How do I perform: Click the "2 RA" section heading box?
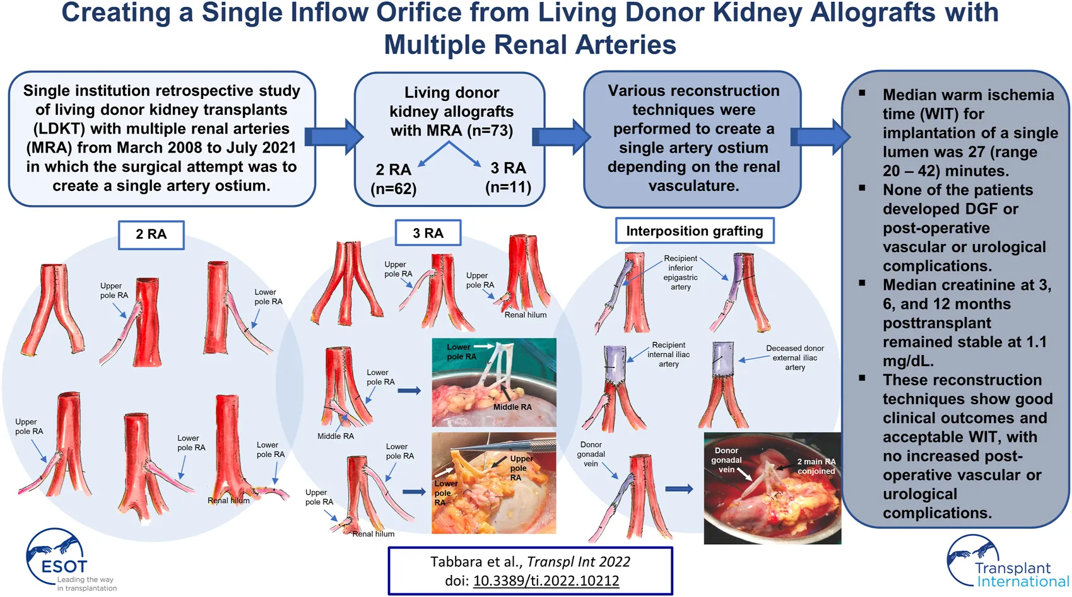pyautogui.click(x=151, y=235)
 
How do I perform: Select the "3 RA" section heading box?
pyautogui.click(x=428, y=233)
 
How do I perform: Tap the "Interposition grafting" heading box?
pyautogui.click(x=694, y=231)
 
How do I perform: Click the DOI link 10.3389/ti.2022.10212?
pyautogui.click(x=546, y=581)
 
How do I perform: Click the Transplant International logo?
pyautogui.click(x=1006, y=563)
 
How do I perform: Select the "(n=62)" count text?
pyautogui.click(x=394, y=188)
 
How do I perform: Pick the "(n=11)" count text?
pyautogui.click(x=508, y=187)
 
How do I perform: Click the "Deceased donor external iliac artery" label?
pyautogui.click(x=795, y=357)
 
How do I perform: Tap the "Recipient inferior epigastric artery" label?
pyautogui.click(x=680, y=272)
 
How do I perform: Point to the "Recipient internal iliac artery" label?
pyautogui.click(x=668, y=354)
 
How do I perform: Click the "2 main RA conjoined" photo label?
pyautogui.click(x=816, y=466)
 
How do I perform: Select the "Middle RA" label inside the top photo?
pyautogui.click(x=512, y=407)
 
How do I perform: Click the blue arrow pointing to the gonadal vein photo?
pyautogui.click(x=679, y=489)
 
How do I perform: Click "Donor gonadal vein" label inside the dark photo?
pyautogui.click(x=726, y=460)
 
